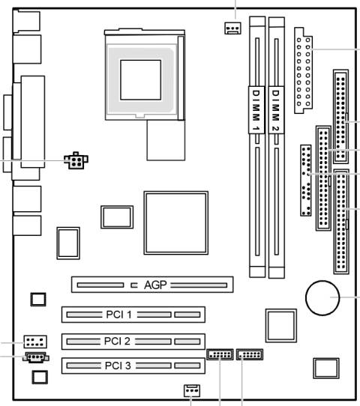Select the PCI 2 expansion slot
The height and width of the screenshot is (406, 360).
133,341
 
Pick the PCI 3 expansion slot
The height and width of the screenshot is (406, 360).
133,366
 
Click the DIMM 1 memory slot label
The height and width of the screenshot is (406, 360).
256,110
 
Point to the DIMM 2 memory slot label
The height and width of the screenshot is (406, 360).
277,110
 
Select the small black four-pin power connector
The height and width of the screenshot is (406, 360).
76,161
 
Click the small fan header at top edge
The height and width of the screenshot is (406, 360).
232,28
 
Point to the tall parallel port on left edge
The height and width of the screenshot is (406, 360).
33,120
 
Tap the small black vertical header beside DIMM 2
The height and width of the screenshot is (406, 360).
306,180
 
